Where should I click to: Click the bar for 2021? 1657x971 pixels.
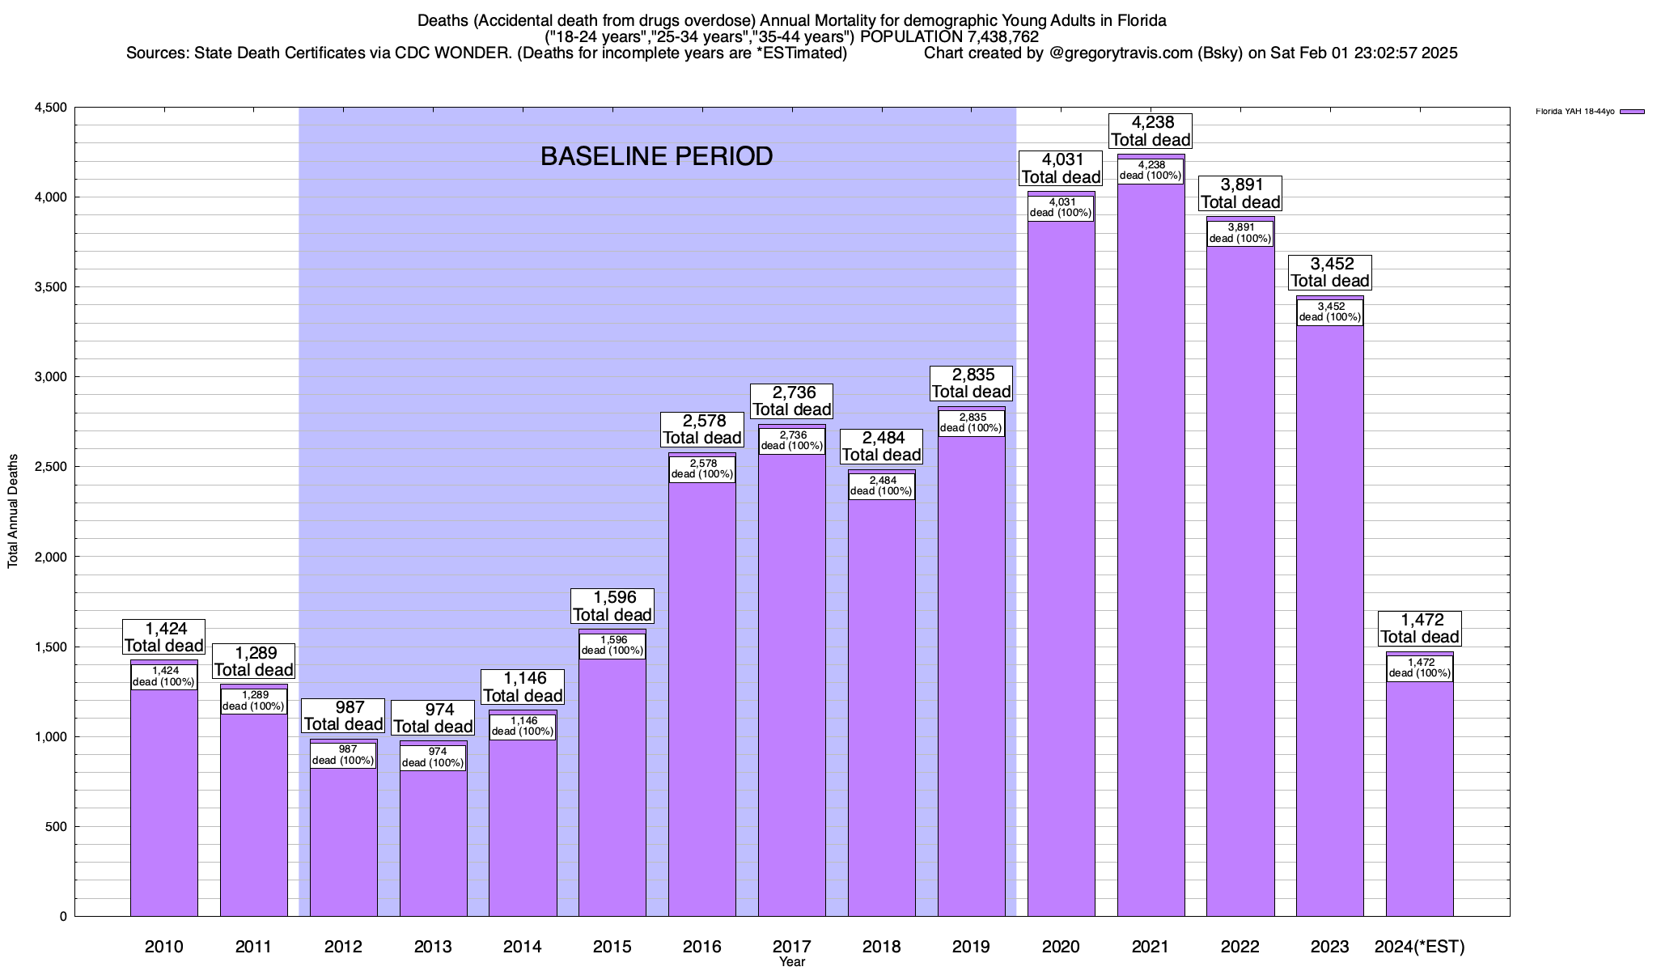pos(1151,566)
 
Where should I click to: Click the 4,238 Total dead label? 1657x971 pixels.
pos(1151,131)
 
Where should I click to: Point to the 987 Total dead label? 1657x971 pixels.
pos(343,716)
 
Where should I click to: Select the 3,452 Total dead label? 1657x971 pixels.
pos(1330,273)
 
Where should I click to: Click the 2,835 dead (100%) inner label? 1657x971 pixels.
pos(971,423)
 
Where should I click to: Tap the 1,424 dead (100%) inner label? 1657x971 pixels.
pos(163,676)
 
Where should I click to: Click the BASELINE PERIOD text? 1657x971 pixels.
pos(656,156)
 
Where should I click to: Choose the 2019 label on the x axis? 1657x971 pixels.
pos(971,947)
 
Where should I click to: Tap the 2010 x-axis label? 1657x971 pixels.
pos(163,947)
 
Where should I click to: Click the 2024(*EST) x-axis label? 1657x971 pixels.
pos(1419,947)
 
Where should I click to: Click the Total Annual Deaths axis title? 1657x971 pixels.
pos(13,511)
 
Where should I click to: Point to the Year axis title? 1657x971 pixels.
pos(792,962)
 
